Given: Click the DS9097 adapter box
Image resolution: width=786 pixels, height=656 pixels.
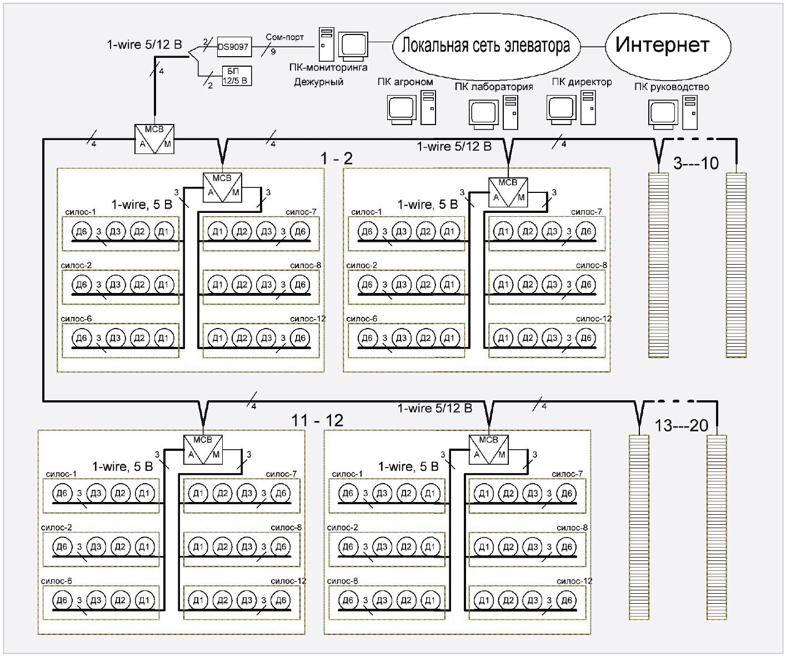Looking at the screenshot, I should (x=233, y=47).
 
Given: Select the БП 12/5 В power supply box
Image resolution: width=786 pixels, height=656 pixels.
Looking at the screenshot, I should (x=236, y=76).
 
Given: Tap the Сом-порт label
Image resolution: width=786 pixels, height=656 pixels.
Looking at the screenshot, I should (x=284, y=37).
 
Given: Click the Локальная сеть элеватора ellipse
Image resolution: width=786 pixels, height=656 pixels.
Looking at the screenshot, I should (x=485, y=46).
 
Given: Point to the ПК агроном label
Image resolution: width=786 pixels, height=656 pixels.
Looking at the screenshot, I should (x=405, y=82).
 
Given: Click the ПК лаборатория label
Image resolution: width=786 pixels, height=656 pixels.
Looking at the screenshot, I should (x=493, y=87).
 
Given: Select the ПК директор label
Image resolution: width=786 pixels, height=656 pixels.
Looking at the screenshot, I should (x=582, y=82).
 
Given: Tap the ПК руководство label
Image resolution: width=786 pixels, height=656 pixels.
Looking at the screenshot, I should (x=672, y=87).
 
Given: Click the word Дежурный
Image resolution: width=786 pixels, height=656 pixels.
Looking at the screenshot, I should (x=318, y=82).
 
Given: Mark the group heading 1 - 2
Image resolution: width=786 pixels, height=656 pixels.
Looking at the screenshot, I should (x=337, y=158).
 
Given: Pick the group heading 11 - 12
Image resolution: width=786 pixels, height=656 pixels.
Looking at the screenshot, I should (x=317, y=420).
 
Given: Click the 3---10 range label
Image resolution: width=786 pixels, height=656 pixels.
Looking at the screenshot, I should (x=696, y=163).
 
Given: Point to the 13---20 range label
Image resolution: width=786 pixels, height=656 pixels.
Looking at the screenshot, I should (x=682, y=426).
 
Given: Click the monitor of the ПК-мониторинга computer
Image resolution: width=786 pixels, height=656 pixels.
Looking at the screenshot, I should (x=354, y=45).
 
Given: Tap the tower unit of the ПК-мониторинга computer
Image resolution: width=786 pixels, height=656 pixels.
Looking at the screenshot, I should (x=326, y=44).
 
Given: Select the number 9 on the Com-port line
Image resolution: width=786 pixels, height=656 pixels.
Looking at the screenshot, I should (x=273, y=52).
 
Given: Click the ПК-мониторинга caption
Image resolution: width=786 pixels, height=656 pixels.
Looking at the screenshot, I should (x=328, y=68).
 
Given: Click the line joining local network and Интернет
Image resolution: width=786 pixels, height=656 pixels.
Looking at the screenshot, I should (x=592, y=46).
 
